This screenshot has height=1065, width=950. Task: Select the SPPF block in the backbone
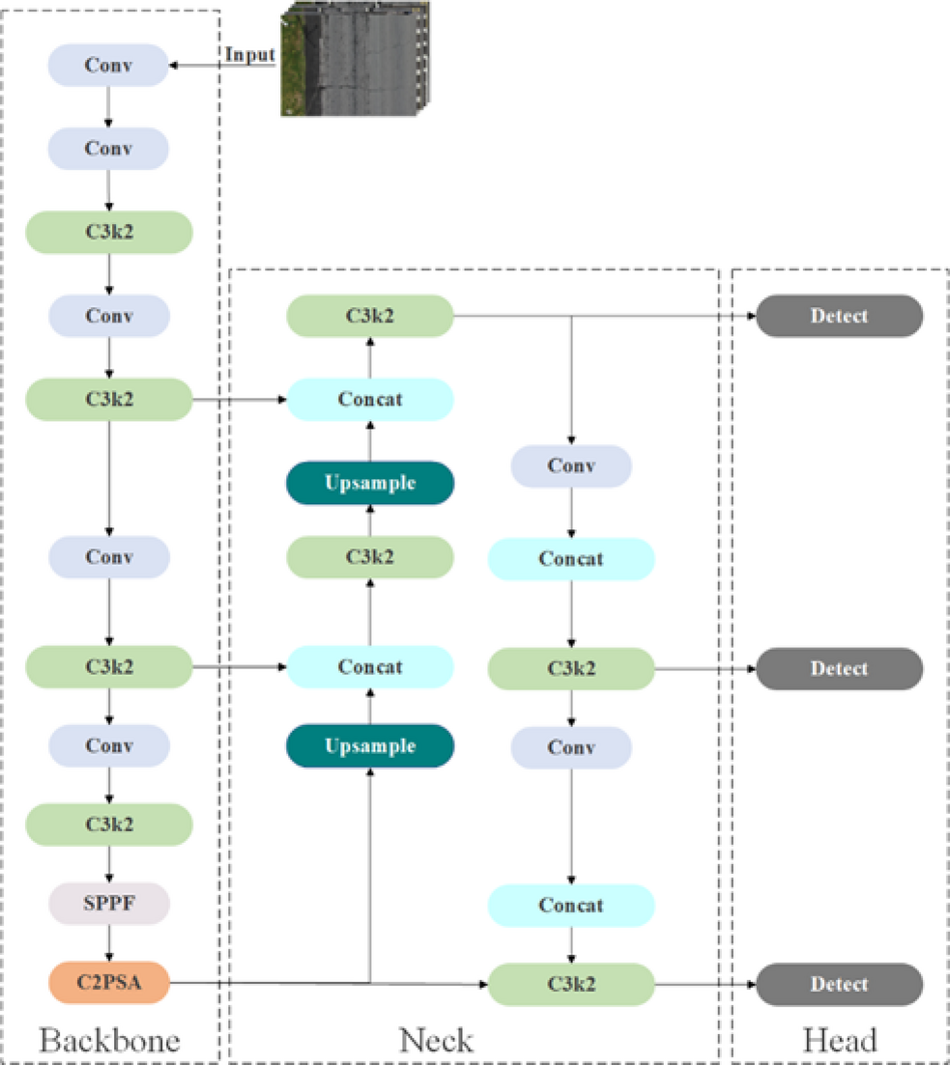click(108, 904)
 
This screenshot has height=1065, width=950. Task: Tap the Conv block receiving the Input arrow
click(108, 66)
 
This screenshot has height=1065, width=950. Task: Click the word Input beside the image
click(250, 54)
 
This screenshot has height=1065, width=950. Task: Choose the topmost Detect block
click(839, 316)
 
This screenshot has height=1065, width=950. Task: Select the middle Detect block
click(839, 668)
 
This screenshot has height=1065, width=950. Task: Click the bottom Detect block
click(839, 984)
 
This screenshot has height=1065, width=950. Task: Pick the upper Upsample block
click(370, 483)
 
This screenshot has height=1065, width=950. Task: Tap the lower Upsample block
click(370, 746)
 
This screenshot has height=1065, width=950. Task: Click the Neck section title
click(437, 1040)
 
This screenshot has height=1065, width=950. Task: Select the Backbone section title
click(109, 1040)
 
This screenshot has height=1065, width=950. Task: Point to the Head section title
click(839, 1040)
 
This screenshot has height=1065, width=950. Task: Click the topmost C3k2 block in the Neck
click(370, 316)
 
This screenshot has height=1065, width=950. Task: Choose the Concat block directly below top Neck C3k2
click(370, 399)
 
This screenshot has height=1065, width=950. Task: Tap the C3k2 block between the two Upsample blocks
click(370, 557)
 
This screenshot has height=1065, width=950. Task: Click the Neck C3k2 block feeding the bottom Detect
click(571, 984)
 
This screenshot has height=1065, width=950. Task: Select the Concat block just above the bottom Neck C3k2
click(571, 905)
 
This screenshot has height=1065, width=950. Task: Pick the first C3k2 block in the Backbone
click(108, 232)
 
